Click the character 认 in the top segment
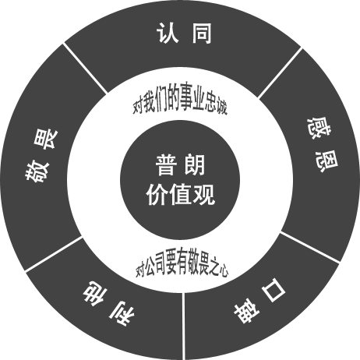[168, 33]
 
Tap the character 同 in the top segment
[202, 33]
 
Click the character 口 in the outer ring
[274, 290]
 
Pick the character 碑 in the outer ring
[246, 311]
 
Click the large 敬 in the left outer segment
[37, 171]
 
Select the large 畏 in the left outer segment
[44, 139]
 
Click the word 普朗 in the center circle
[180, 165]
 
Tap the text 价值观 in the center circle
[180, 195]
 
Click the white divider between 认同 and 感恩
[280, 73]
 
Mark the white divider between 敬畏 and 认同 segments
[85, 68]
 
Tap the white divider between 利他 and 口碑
[184, 326]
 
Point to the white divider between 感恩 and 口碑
[310, 247]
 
